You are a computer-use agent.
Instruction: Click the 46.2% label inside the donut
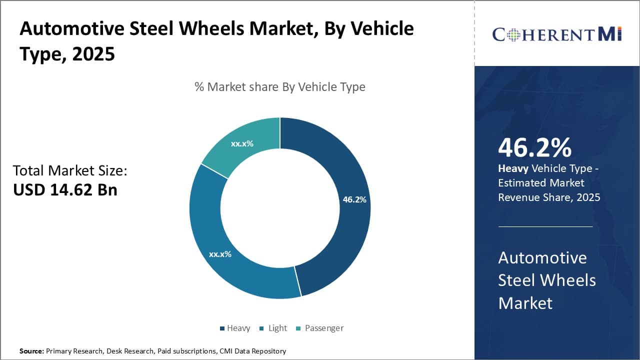[x=354, y=199]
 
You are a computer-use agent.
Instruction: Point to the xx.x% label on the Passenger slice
[x=242, y=143]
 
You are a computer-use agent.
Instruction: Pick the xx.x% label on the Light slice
[x=220, y=254]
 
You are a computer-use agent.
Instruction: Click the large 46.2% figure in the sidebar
[x=534, y=147]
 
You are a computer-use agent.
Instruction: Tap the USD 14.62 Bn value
[x=65, y=190]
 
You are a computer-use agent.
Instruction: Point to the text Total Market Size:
[x=70, y=170]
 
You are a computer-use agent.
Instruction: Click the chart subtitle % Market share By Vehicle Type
[x=280, y=87]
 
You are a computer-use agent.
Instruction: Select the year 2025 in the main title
[x=93, y=54]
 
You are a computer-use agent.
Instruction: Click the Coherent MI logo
[x=556, y=34]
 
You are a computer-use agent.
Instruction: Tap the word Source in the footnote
[x=31, y=351]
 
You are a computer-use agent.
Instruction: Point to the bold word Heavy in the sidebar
[x=513, y=168]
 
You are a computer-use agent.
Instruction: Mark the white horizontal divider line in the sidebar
[x=545, y=226]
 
